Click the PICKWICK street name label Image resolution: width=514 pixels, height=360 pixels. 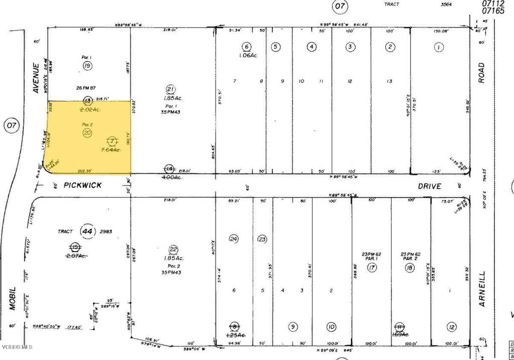click(83, 185)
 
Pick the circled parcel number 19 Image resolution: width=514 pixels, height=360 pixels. click(87, 66)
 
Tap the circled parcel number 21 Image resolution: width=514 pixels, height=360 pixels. click(171, 89)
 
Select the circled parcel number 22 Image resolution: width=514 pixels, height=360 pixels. click(173, 250)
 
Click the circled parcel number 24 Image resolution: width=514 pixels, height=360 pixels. click(233, 238)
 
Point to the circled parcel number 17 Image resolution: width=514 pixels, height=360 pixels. click(372, 268)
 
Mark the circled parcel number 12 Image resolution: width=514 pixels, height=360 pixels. click(452, 327)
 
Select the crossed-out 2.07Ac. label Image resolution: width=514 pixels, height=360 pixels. click(75, 256)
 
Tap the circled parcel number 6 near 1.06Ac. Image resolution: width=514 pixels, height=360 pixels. click(246, 47)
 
